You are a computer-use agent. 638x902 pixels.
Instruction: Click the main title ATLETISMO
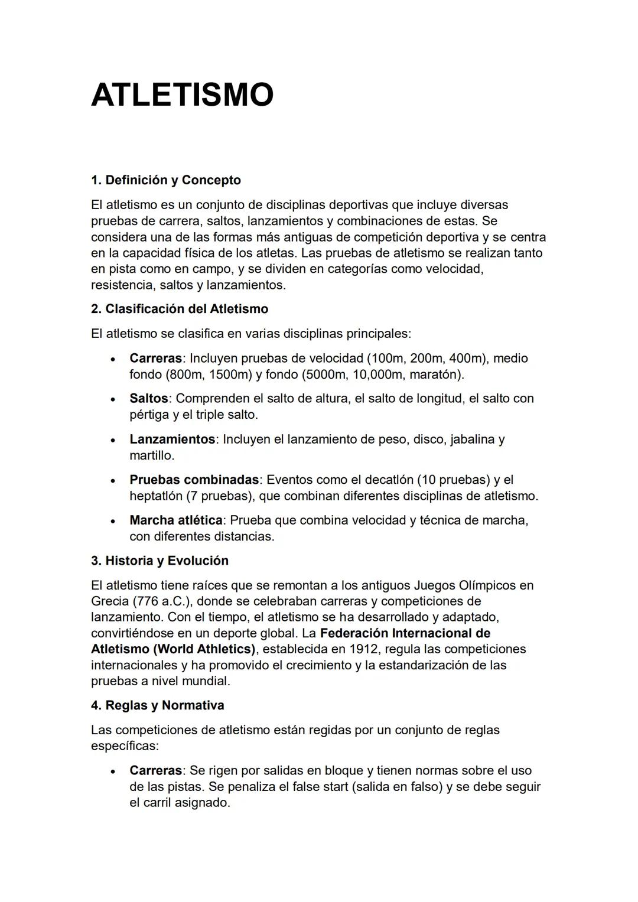click(x=182, y=95)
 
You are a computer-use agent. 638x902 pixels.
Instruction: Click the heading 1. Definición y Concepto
click(x=165, y=180)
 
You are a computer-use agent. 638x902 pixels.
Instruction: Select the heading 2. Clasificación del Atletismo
click(x=179, y=309)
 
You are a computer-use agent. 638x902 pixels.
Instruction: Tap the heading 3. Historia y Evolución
click(x=159, y=561)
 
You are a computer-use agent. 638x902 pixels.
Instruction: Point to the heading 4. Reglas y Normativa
click(x=157, y=705)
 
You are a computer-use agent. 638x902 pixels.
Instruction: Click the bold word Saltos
click(x=148, y=399)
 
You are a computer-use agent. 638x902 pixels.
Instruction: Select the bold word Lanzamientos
click(x=172, y=439)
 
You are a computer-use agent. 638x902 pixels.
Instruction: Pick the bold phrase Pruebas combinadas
click(x=194, y=480)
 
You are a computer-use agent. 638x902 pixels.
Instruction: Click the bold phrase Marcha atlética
click(x=175, y=520)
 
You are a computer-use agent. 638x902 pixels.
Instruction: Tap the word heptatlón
click(x=155, y=496)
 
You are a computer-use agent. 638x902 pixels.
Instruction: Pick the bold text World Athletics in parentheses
click(x=204, y=649)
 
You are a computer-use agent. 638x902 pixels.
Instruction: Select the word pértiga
click(x=149, y=415)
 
